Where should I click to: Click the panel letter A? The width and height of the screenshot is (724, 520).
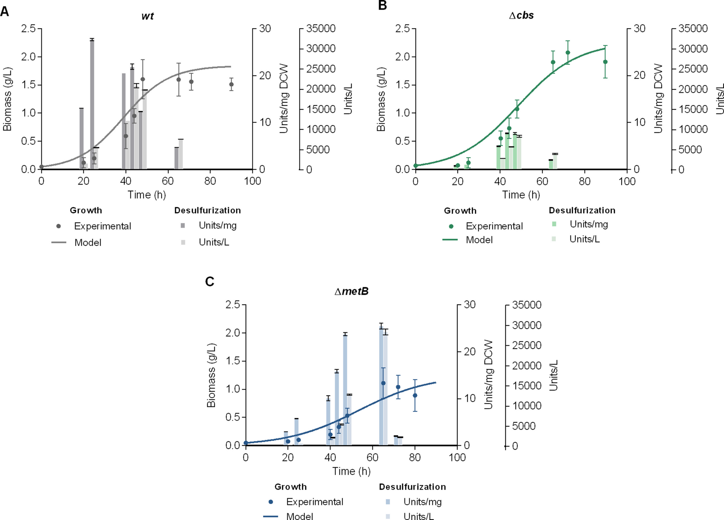[x=5, y=11]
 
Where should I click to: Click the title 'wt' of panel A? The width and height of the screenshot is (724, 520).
[x=147, y=16]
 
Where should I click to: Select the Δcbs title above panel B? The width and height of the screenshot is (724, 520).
[x=521, y=15]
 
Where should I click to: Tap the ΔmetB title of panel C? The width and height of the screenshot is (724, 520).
[x=351, y=292]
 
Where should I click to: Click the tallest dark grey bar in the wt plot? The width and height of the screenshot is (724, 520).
[x=92, y=103]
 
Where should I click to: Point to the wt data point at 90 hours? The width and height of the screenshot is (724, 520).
[x=231, y=84]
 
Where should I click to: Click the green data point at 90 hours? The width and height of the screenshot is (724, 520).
[x=605, y=62]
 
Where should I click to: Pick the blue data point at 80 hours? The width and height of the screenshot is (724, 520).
[x=415, y=395]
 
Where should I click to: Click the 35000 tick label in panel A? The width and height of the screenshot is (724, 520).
[x=321, y=29]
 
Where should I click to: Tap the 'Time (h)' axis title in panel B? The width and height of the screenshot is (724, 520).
[x=521, y=195]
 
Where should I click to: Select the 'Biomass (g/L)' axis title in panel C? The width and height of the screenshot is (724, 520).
[x=211, y=375]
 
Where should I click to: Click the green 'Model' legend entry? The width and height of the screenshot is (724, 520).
[x=479, y=240]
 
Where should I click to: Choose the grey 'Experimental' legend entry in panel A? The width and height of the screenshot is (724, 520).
[x=102, y=226]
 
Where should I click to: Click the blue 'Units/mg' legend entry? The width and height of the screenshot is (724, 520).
[x=422, y=502]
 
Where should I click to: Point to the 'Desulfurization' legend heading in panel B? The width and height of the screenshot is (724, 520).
[x=582, y=210]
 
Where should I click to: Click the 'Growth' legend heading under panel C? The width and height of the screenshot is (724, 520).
[x=290, y=487]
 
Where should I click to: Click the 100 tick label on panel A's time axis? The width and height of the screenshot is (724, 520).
[x=252, y=181]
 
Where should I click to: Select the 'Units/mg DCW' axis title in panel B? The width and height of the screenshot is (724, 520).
[x=658, y=99]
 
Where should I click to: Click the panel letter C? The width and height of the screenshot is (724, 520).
[x=210, y=282]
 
